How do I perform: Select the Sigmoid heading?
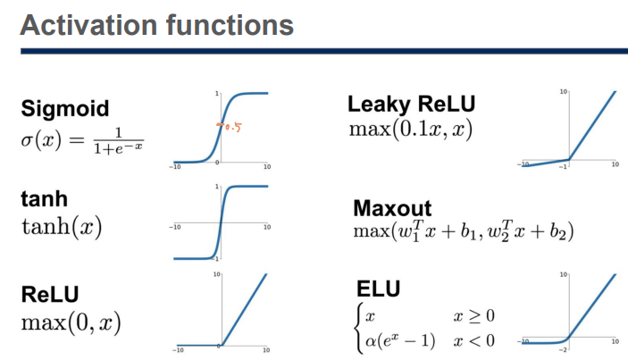click(65, 109)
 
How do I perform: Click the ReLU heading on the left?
click(50, 293)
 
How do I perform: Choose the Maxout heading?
click(392, 209)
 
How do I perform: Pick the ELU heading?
click(379, 289)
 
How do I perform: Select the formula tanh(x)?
click(61, 227)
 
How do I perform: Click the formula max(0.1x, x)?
click(410, 129)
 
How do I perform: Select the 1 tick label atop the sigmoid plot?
click(217, 93)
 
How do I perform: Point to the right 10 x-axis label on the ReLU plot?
click(267, 350)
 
